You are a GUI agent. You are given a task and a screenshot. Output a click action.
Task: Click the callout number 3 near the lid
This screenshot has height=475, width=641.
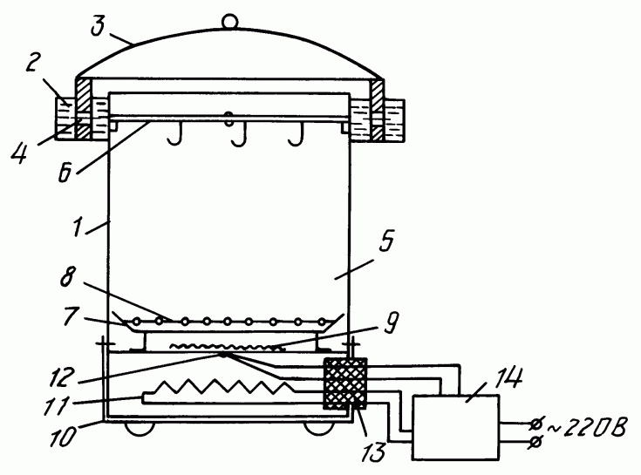point(98,26)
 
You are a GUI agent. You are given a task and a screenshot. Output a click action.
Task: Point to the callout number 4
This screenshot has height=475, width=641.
point(19,154)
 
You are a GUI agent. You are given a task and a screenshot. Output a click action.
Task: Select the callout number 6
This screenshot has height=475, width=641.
point(65,173)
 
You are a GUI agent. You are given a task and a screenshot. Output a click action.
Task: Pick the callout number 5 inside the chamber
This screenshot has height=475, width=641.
point(385,240)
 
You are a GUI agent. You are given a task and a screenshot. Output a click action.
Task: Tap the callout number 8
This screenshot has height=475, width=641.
point(68,277)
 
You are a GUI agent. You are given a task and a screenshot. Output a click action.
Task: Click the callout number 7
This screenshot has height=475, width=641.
point(71,316)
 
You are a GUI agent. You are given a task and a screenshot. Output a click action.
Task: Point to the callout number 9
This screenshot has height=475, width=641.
point(391,322)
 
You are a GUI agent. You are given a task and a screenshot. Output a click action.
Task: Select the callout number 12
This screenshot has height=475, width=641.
point(62,377)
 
